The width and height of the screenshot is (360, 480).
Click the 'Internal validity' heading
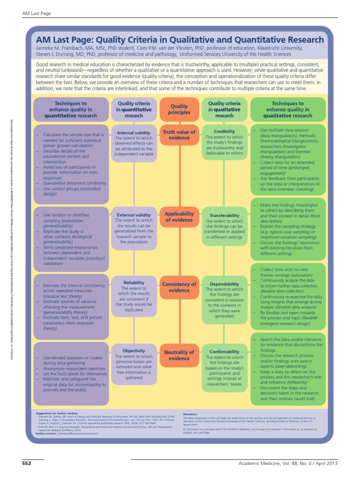134,133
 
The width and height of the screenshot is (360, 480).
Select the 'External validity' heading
134,215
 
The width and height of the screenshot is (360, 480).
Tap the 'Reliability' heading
134,283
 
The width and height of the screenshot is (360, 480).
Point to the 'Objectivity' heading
134,350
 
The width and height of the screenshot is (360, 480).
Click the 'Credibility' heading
224,132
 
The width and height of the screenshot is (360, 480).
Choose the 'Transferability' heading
224,216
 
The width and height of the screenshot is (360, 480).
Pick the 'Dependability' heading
224,284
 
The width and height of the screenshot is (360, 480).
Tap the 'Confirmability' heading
224,352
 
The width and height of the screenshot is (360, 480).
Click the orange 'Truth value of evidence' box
179,135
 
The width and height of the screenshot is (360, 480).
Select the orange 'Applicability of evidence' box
179,217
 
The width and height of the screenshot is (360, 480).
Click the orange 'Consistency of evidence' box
179,287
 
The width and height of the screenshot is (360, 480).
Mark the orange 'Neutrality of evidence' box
179,355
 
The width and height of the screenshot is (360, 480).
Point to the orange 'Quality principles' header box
179,109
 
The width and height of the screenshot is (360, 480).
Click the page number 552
27,464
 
